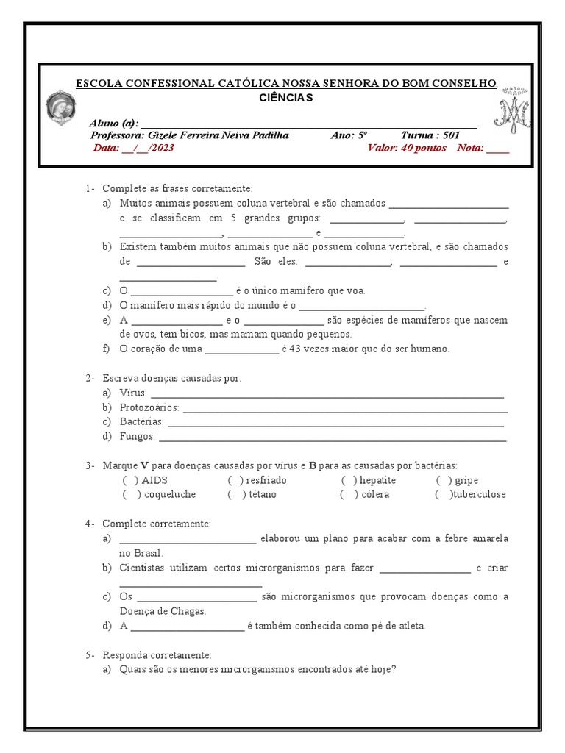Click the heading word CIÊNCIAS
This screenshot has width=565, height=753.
[286, 97]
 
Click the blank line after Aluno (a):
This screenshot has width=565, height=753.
[309, 124]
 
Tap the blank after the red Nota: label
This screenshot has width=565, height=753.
[497, 149]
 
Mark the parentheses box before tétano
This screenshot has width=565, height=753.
[235, 494]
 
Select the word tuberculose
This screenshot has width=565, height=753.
[480, 494]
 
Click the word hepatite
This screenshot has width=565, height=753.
[378, 480]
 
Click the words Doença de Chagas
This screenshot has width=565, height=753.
[163, 611]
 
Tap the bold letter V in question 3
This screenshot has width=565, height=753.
[144, 465]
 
